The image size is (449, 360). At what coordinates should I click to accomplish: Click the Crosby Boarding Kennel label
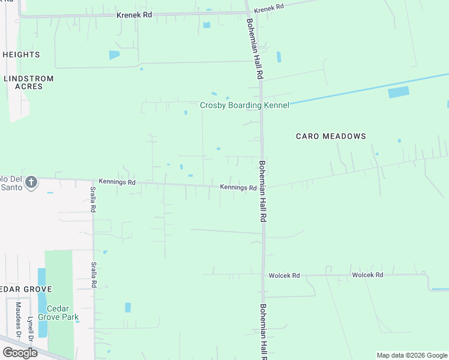[244, 105]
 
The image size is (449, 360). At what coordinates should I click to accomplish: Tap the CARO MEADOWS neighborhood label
[331, 136]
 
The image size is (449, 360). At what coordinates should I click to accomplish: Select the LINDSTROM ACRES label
[29, 82]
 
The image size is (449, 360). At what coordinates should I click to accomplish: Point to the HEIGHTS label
[22, 55]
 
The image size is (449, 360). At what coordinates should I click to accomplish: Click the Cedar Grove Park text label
[58, 313]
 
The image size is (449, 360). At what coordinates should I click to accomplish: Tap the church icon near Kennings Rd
[32, 182]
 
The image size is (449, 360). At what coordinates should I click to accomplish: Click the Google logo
[20, 353]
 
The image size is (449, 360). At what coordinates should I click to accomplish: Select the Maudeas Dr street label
[18, 319]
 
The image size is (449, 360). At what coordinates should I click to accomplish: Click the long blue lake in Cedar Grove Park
[41, 303]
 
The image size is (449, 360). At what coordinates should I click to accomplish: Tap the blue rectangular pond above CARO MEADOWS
[399, 92]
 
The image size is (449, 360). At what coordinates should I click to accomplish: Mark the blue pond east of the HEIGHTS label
[114, 55]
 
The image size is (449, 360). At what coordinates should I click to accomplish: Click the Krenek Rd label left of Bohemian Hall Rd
[134, 14]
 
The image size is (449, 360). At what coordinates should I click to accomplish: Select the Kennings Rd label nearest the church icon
[118, 182]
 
